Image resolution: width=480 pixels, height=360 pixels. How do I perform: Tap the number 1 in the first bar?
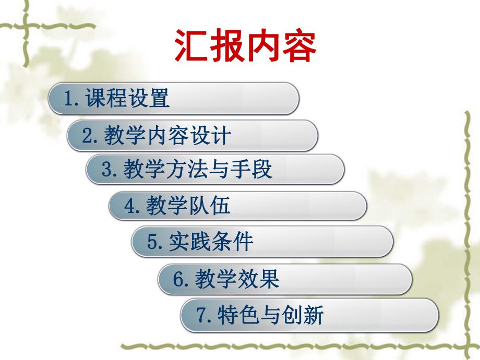(x=68, y=99)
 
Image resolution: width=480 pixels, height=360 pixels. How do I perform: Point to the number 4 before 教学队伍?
(x=129, y=207)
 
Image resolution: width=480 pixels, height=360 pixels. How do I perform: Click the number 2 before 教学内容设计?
(x=87, y=136)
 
